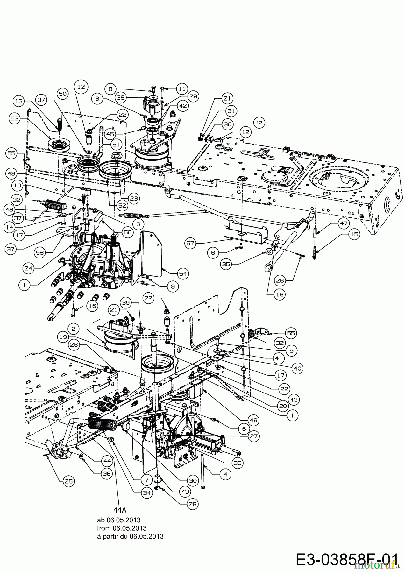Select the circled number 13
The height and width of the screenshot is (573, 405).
pyautogui.click(x=19, y=101)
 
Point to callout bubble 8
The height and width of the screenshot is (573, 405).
pyautogui.click(x=111, y=89)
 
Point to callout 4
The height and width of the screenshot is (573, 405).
pyautogui.click(x=225, y=474)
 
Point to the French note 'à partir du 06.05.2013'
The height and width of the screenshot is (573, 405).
pyautogui.click(x=130, y=536)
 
